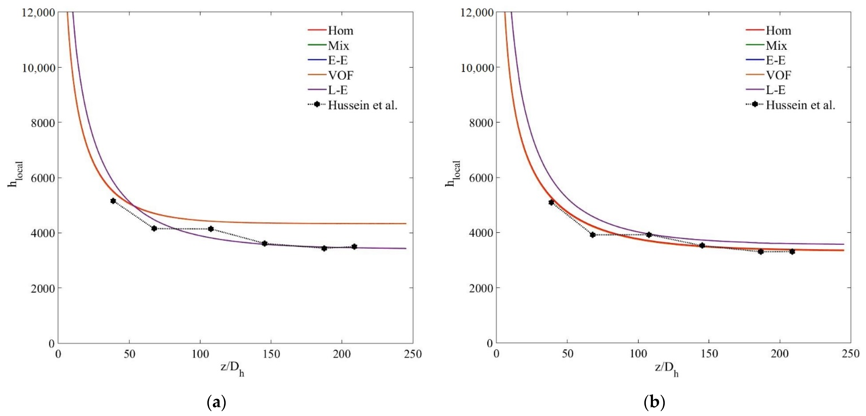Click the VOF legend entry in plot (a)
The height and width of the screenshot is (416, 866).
coord(340,75)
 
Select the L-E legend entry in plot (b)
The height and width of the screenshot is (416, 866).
coord(776,90)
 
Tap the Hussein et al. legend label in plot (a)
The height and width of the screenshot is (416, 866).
coord(362,105)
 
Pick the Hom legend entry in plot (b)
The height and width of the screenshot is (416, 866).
coord(778,31)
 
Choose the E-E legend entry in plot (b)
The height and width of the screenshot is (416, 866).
coord(776,60)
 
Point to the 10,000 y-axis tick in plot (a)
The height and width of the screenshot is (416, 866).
coord(38,68)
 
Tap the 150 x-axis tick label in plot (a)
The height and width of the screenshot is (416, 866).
coord(271,354)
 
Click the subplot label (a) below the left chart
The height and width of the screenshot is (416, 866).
coord(216,402)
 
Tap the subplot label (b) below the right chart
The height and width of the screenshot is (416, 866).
coord(654,402)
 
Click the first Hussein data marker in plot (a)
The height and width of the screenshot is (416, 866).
coord(113,201)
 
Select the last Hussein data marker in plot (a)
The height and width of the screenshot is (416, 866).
coord(354,247)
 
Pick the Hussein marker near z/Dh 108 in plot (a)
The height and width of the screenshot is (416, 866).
coord(211,229)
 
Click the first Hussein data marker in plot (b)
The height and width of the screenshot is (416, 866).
coord(551,202)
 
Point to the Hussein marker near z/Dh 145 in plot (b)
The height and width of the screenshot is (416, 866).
coord(702,245)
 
